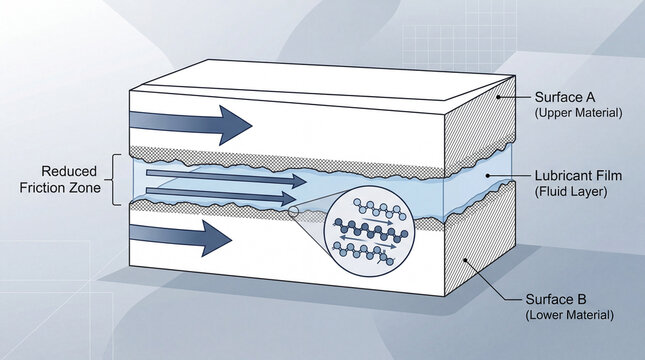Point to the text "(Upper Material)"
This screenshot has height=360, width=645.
(x=578, y=113)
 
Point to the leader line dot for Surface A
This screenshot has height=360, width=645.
(x=500, y=98)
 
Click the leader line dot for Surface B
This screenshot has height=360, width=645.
(x=466, y=258)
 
